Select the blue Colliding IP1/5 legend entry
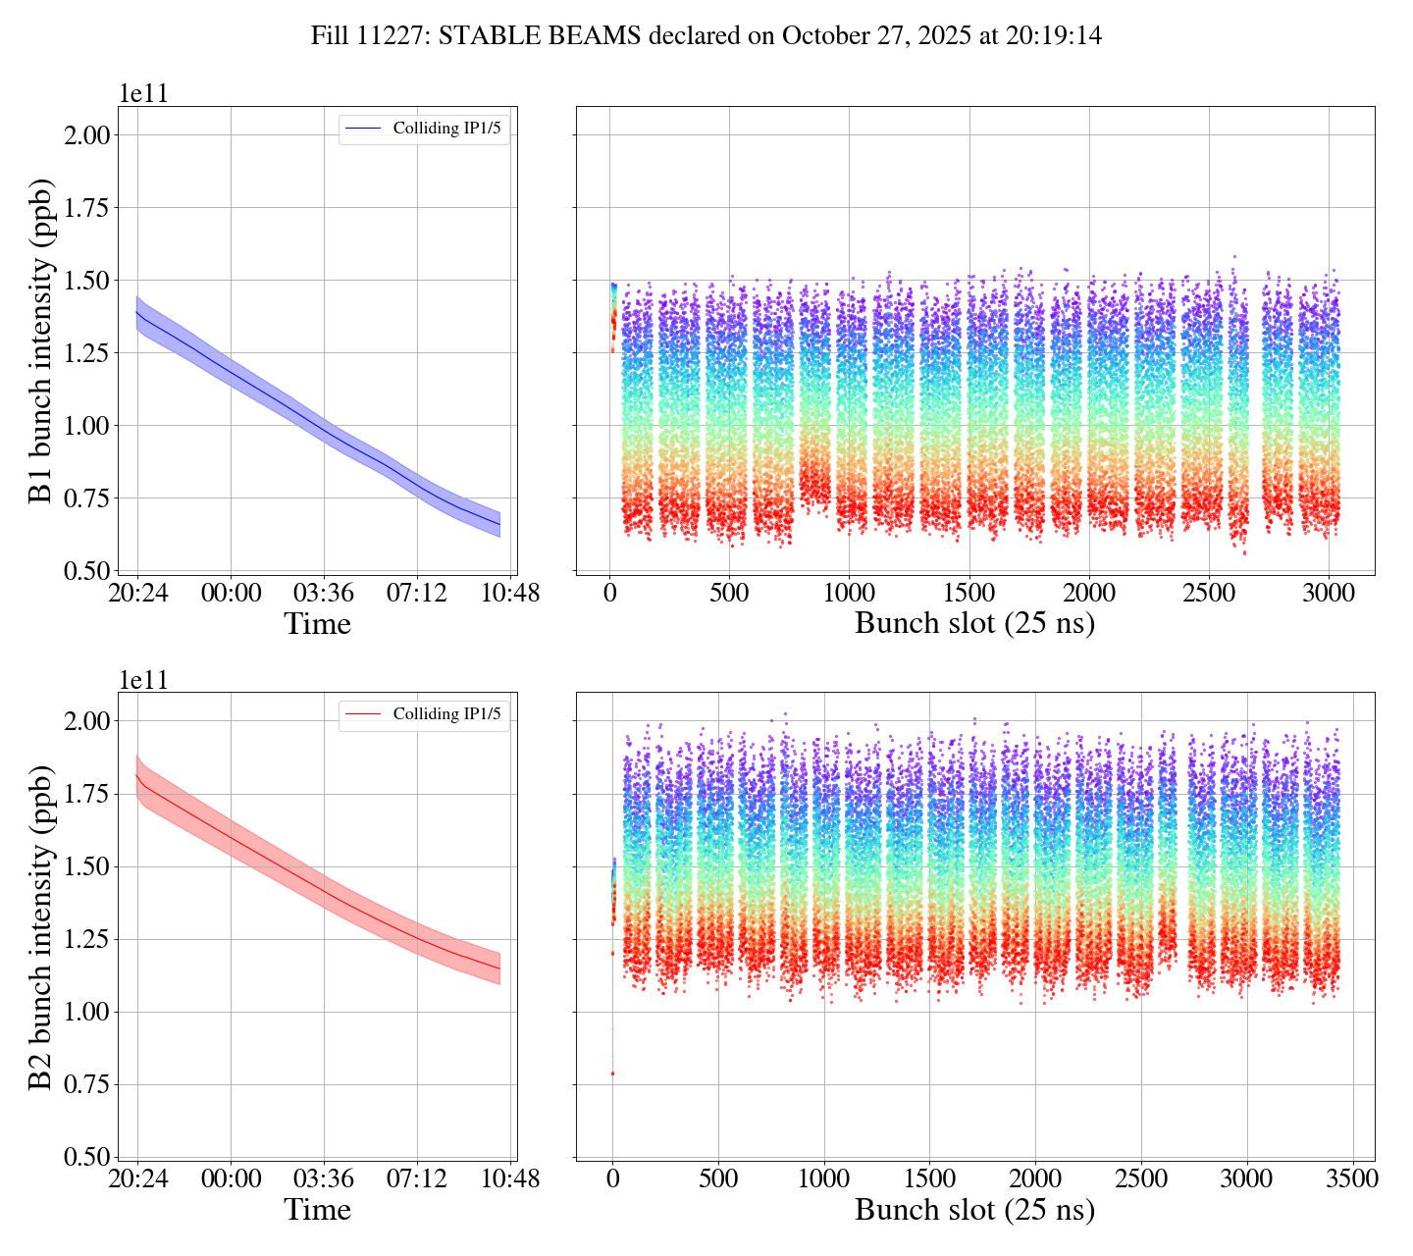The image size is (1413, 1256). (x=424, y=129)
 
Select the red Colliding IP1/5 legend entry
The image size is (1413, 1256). (x=424, y=714)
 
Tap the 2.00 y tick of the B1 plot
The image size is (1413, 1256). (x=85, y=134)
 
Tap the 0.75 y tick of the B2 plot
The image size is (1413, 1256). (x=85, y=1084)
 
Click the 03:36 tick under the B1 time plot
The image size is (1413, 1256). (x=324, y=594)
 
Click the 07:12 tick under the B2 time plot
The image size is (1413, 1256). (x=417, y=1178)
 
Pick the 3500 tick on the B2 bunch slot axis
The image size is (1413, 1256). (x=1351, y=1178)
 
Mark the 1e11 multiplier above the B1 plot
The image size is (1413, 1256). (x=143, y=95)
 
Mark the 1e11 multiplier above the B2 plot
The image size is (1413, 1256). (x=143, y=680)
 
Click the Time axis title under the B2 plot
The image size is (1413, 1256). (x=317, y=1210)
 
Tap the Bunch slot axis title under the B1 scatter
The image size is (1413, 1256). (x=974, y=624)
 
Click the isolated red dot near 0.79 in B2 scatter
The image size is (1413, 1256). (x=613, y=1073)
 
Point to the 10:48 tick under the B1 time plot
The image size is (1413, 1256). (x=510, y=594)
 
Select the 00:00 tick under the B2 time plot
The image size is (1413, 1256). (x=231, y=1178)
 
